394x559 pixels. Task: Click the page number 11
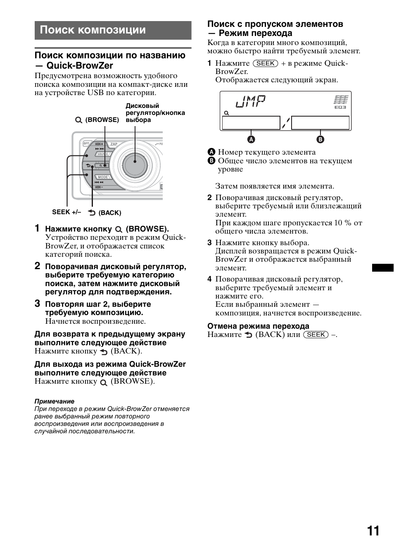[373, 531]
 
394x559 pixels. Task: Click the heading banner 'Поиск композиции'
[93, 30]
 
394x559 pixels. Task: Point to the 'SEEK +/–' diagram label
[66, 212]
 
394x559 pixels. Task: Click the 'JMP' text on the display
[250, 102]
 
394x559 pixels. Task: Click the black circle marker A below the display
[251, 139]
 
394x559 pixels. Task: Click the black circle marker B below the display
[320, 139]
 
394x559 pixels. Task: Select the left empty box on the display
[251, 123]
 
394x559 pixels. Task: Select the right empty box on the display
[320, 123]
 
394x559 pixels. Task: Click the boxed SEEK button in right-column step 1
[266, 63]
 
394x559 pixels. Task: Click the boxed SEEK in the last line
[316, 334]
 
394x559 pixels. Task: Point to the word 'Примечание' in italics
[55, 401]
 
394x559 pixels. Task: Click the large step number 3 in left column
[37, 304]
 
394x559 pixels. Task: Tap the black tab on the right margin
[382, 268]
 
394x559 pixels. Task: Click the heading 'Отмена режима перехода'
[258, 326]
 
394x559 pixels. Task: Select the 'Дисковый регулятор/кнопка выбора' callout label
[155, 113]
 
